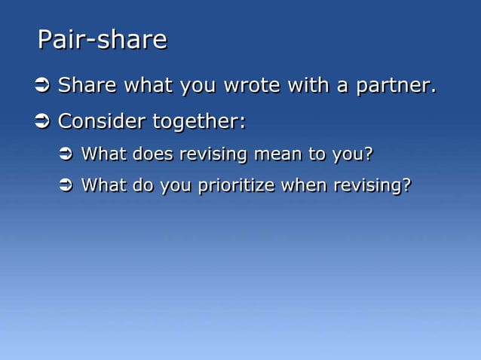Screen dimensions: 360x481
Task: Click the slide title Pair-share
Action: coord(102,40)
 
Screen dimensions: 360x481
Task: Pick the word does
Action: coord(152,154)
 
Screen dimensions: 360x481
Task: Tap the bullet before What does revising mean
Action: coord(65,154)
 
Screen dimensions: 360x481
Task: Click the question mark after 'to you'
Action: coord(368,154)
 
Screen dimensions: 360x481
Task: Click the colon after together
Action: coord(243,122)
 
